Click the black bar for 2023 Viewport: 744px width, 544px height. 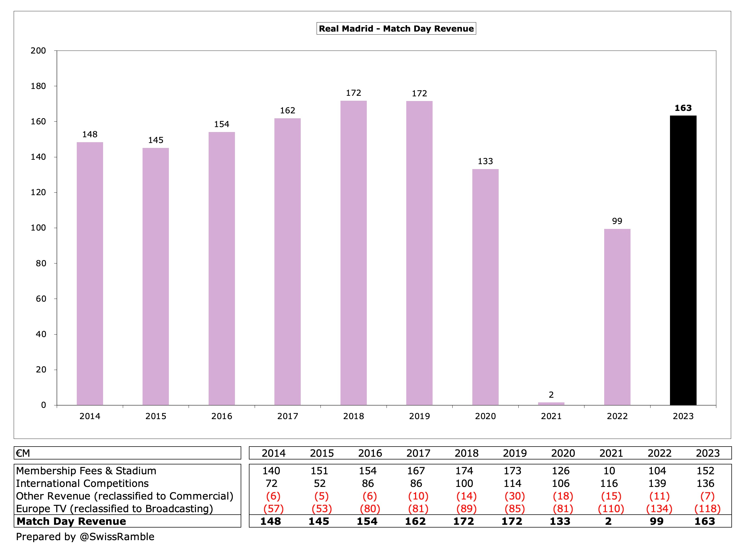click(683, 260)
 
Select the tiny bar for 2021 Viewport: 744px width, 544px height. click(551, 403)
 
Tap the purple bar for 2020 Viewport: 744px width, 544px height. click(485, 287)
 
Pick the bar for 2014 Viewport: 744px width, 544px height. click(90, 273)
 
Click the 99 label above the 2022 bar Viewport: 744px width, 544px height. click(617, 221)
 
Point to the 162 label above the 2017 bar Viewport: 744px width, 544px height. click(288, 110)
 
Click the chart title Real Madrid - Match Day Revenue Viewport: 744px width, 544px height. click(396, 29)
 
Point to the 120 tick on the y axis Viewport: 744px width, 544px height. click(38, 192)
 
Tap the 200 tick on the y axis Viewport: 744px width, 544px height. click(38, 51)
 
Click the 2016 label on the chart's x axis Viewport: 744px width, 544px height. click(222, 416)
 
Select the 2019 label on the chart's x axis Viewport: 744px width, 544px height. click(419, 416)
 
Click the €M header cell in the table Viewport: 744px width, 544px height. click(23, 453)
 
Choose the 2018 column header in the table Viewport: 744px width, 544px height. click(466, 453)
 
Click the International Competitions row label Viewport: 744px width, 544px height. click(82, 483)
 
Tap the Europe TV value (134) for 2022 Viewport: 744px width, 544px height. click(659, 509)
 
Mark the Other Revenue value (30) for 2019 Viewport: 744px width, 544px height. click(515, 496)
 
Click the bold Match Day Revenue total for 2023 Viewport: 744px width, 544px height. click(705, 521)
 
